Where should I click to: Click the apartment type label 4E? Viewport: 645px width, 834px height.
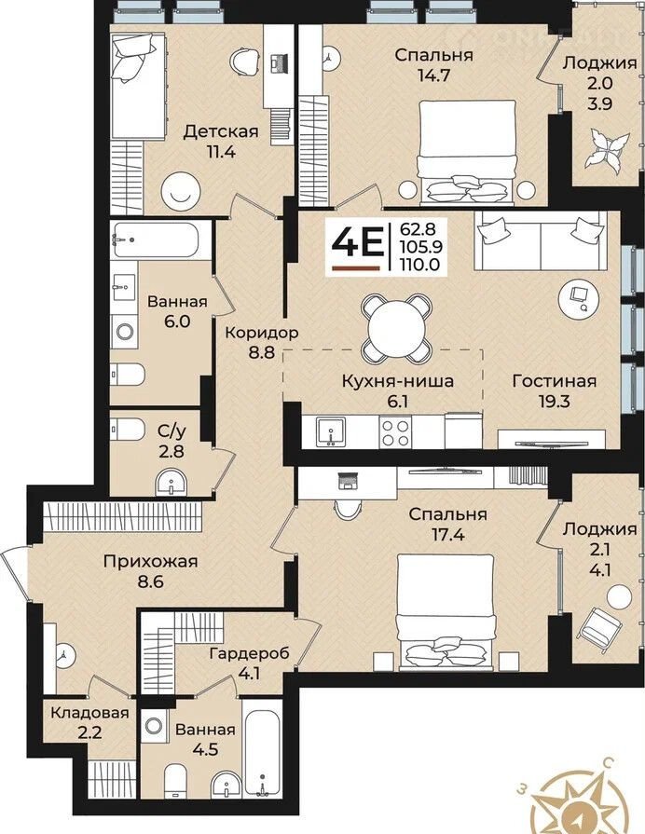tap(356, 244)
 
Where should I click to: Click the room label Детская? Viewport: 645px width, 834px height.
tap(221, 131)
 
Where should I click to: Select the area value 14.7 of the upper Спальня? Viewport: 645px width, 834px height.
tap(434, 75)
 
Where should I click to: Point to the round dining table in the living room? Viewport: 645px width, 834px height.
tap(396, 325)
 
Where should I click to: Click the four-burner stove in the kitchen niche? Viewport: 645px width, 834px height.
tap(395, 431)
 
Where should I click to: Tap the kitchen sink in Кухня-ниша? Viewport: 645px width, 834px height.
tap(330, 431)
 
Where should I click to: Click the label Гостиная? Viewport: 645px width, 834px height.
tap(554, 381)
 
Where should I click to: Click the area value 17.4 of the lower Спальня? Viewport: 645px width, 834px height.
tap(448, 534)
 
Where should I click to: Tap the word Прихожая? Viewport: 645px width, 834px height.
tap(151, 562)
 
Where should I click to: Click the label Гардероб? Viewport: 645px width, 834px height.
tap(250, 653)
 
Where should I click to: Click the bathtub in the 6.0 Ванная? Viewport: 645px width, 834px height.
tap(155, 239)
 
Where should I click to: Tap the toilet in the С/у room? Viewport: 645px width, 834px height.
tap(127, 430)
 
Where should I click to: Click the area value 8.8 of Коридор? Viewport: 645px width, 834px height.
tap(261, 352)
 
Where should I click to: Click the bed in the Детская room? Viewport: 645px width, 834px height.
tap(138, 85)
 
